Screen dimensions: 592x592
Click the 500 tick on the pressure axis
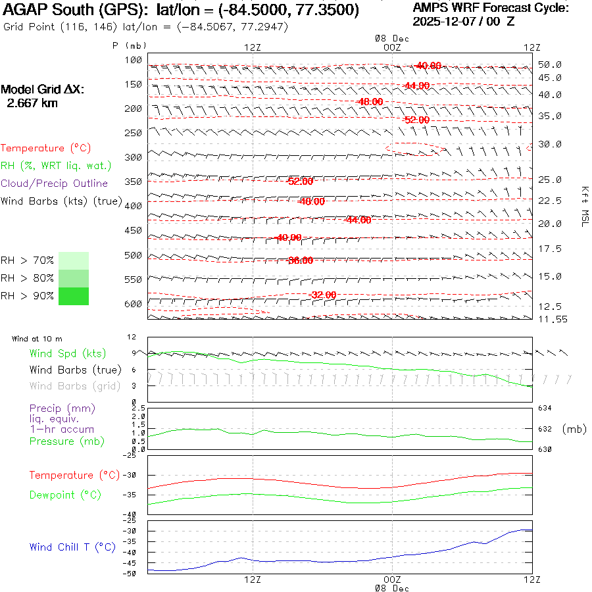coord(134,255)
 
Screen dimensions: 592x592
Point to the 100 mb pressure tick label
coord(134,60)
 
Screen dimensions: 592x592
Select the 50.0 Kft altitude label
coord(549,64)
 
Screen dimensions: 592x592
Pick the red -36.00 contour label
coord(300,260)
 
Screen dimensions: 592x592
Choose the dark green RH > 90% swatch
coord(74,296)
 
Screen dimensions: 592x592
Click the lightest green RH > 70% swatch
coord(74,260)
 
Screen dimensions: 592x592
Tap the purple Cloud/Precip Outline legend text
coord(55,183)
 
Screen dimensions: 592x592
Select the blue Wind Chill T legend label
coord(72,547)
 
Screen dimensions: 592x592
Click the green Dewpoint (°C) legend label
coord(65,495)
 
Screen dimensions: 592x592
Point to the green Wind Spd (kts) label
coord(67,354)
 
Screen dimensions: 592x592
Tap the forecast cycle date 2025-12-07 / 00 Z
coord(463,21)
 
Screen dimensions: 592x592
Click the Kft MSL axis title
coord(583,206)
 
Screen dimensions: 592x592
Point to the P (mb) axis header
coord(129,45)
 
